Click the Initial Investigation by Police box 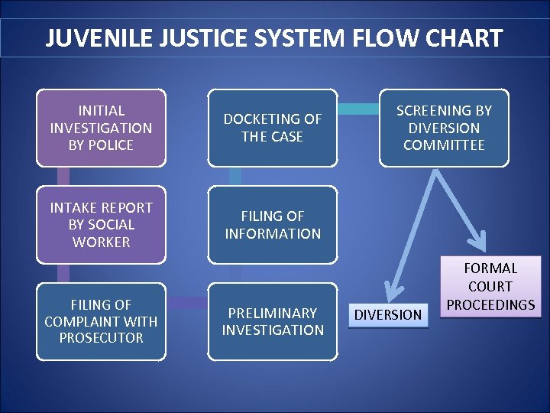tap(101, 128)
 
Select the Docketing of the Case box tap(273, 128)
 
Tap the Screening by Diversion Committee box tap(444, 128)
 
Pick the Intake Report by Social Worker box tap(101, 225)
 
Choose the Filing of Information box tap(273, 225)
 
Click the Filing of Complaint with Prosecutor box tap(101, 321)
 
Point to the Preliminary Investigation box tap(273, 321)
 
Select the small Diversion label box tap(389, 314)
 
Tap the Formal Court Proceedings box tap(490, 287)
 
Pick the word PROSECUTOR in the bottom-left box tap(101, 338)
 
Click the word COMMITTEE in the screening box tap(444, 145)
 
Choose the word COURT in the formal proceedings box tap(490, 287)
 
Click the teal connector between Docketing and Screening tap(357, 109)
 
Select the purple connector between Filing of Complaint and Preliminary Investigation tap(186, 304)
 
